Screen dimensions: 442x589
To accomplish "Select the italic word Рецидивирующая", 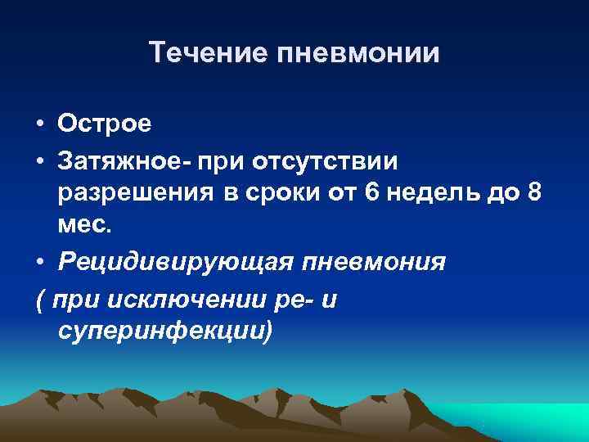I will [x=178, y=264].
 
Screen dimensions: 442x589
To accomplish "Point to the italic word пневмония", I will [x=375, y=264].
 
